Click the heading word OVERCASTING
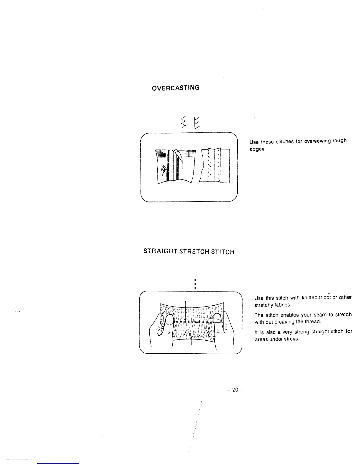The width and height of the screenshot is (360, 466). (x=175, y=88)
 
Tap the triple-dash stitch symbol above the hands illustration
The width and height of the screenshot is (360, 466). (x=194, y=284)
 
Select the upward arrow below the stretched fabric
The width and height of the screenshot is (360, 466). (x=191, y=343)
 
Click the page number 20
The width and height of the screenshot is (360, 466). (x=235, y=390)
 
